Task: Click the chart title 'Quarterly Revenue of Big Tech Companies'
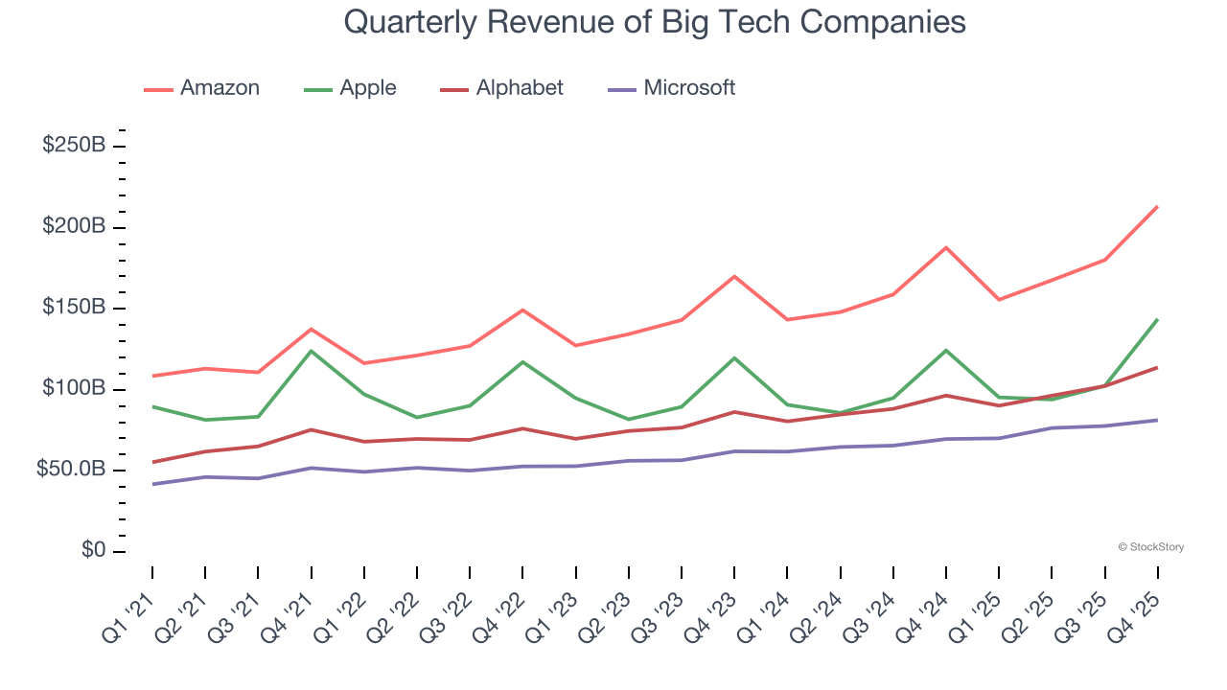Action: pos(655,22)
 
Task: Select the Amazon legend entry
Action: pos(202,88)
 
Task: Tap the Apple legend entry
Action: pos(350,88)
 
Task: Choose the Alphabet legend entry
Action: pos(501,88)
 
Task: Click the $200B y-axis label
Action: pos(74,227)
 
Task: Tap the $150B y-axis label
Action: pos(74,308)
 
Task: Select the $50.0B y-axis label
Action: pos(70,470)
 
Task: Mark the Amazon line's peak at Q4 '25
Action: pos(1157,206)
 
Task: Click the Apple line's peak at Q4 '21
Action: pos(312,351)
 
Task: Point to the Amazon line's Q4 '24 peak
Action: pos(946,247)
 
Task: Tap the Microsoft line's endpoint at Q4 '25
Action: pos(1157,420)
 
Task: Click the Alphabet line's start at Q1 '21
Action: pos(153,462)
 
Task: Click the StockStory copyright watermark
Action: pos(1150,547)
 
